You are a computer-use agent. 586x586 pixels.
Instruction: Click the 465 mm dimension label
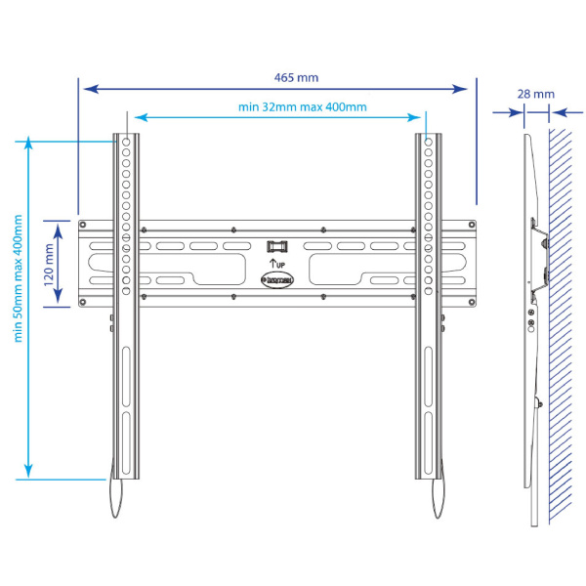(x=297, y=77)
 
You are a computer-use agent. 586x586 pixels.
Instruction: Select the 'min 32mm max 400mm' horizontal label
(x=302, y=107)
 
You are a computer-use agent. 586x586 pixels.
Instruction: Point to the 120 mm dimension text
(x=50, y=261)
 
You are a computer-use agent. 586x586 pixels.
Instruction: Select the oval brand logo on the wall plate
(x=277, y=278)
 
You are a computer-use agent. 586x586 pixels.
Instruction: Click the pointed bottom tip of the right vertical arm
(x=437, y=519)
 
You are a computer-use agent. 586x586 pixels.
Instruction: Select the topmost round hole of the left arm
(x=126, y=143)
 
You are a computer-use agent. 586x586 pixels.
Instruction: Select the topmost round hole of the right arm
(x=428, y=143)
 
